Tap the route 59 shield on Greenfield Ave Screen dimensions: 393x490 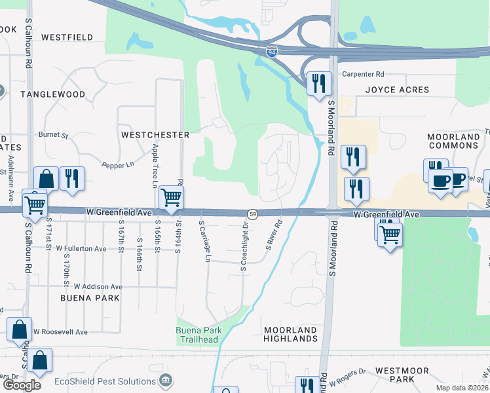[252, 214]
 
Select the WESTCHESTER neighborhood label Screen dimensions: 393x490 [155, 135]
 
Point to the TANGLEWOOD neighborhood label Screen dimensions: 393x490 [52, 94]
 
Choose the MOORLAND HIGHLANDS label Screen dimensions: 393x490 [290, 334]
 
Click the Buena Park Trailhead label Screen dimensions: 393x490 [200, 334]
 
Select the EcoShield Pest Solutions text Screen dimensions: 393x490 [104, 381]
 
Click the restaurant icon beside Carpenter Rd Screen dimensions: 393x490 [318, 83]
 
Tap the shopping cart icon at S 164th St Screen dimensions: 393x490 [171, 197]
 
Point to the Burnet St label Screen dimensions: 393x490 [53, 135]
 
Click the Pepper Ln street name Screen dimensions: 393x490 [118, 166]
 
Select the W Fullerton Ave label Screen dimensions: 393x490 [81, 249]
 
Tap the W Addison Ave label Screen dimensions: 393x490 [98, 286]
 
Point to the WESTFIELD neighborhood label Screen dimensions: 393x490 [67, 38]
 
